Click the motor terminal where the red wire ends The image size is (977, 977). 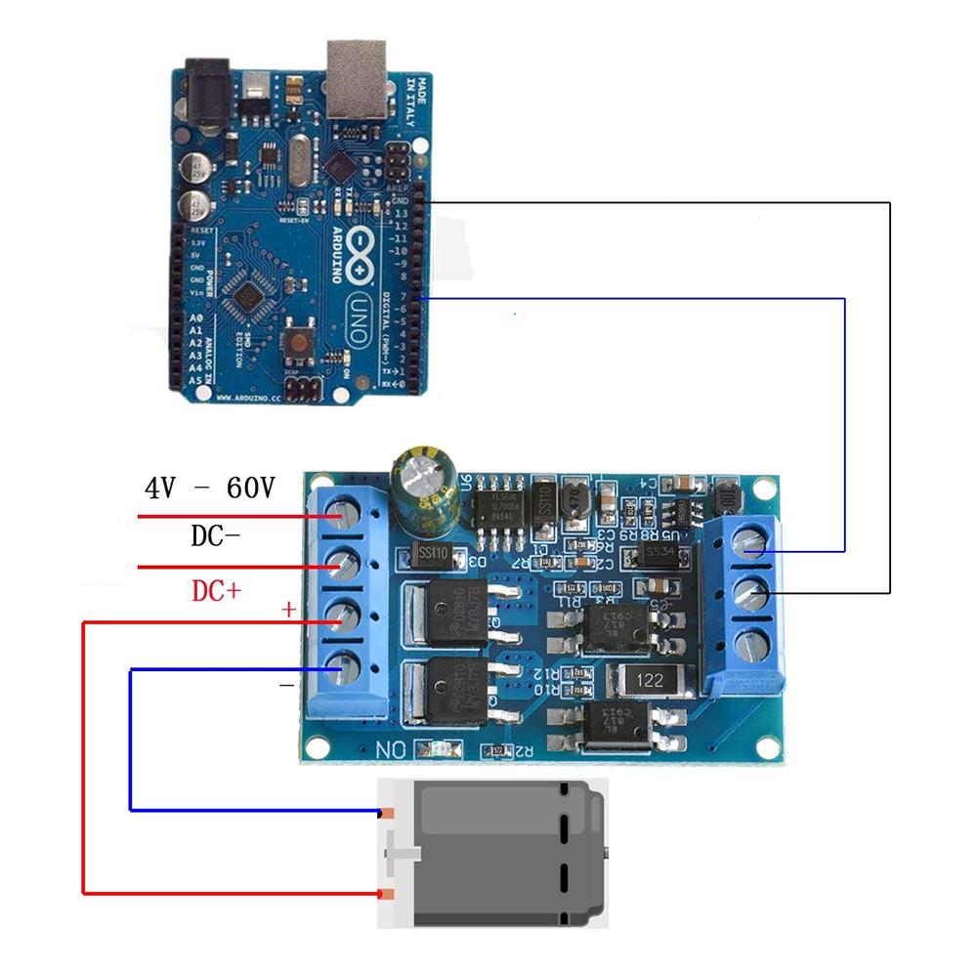[x=387, y=893]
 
